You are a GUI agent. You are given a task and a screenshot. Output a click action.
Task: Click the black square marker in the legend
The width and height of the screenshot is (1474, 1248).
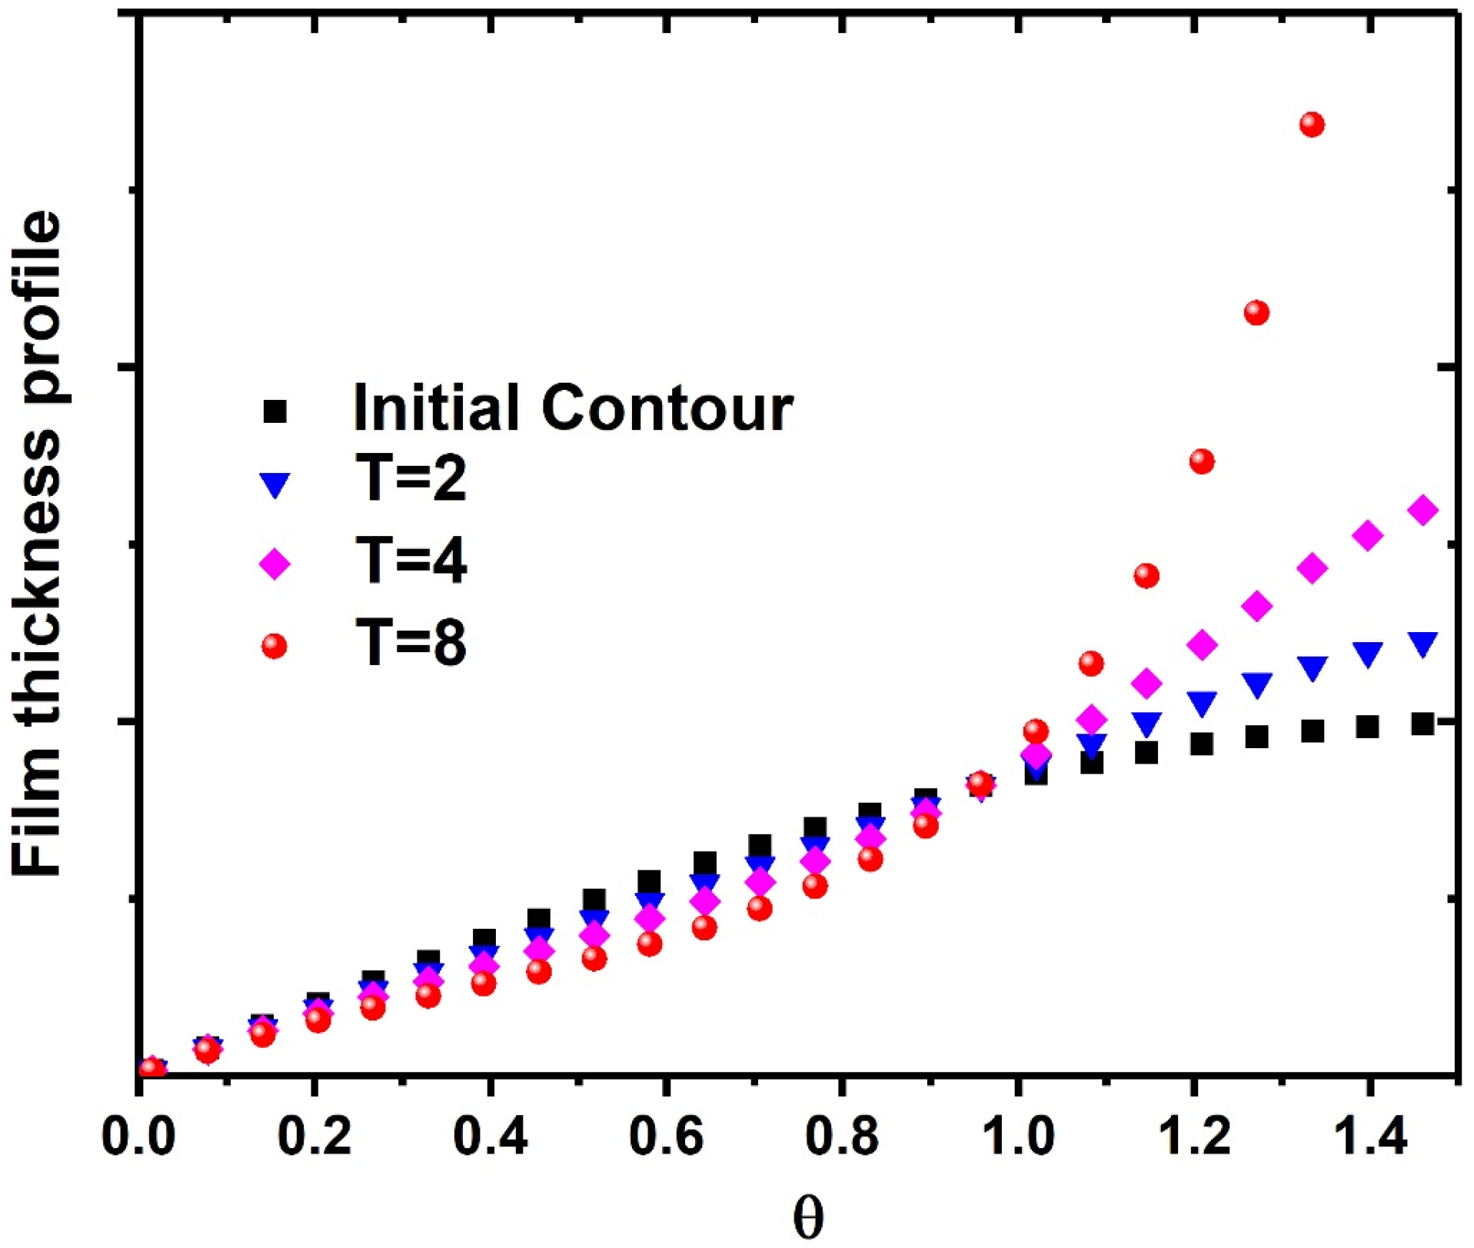(x=275, y=411)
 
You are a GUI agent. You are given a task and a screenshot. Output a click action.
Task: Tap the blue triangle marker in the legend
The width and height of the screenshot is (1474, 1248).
(x=275, y=484)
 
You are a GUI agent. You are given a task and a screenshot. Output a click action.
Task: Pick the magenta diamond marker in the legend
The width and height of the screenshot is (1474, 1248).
(x=275, y=564)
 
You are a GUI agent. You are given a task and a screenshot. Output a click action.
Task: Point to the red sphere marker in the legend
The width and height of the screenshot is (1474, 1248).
(x=275, y=644)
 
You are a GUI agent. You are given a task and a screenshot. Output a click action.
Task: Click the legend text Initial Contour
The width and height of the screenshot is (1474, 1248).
(x=573, y=408)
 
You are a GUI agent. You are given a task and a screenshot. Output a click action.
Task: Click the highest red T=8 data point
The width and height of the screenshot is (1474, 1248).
(x=1312, y=125)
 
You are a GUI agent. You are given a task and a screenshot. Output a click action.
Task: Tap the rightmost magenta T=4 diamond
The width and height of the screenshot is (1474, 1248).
(x=1423, y=510)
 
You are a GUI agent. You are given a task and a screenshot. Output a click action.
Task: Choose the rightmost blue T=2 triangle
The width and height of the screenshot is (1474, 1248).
(x=1423, y=644)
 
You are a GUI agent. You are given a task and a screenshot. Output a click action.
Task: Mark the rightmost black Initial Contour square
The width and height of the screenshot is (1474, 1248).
(x=1423, y=724)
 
